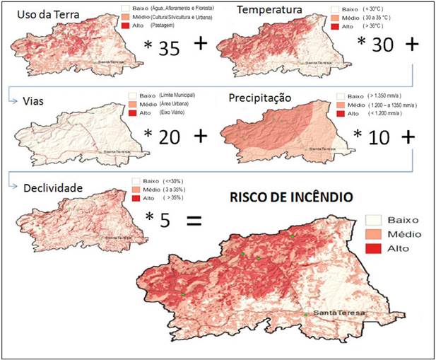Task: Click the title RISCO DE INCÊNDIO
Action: coord(290,196)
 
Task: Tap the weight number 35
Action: coord(170,49)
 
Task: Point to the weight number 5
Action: coord(165,220)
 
